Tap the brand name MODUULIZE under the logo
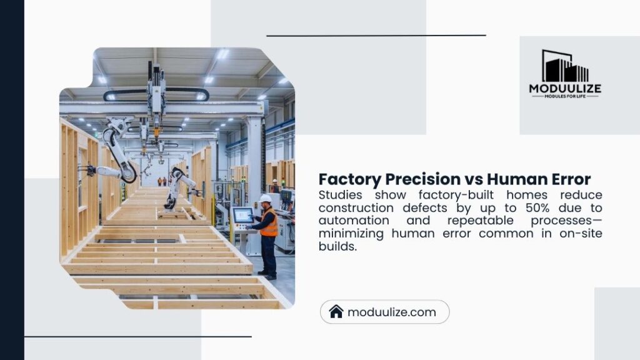click(x=565, y=89)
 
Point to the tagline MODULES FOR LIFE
click(x=565, y=96)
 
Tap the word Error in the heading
click(x=569, y=179)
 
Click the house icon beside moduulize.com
click(x=336, y=312)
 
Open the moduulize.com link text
click(x=391, y=312)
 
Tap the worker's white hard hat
click(x=266, y=199)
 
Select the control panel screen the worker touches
click(x=242, y=215)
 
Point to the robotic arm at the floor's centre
click(x=177, y=187)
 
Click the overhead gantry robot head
click(x=156, y=100)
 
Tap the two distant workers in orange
click(x=162, y=181)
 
